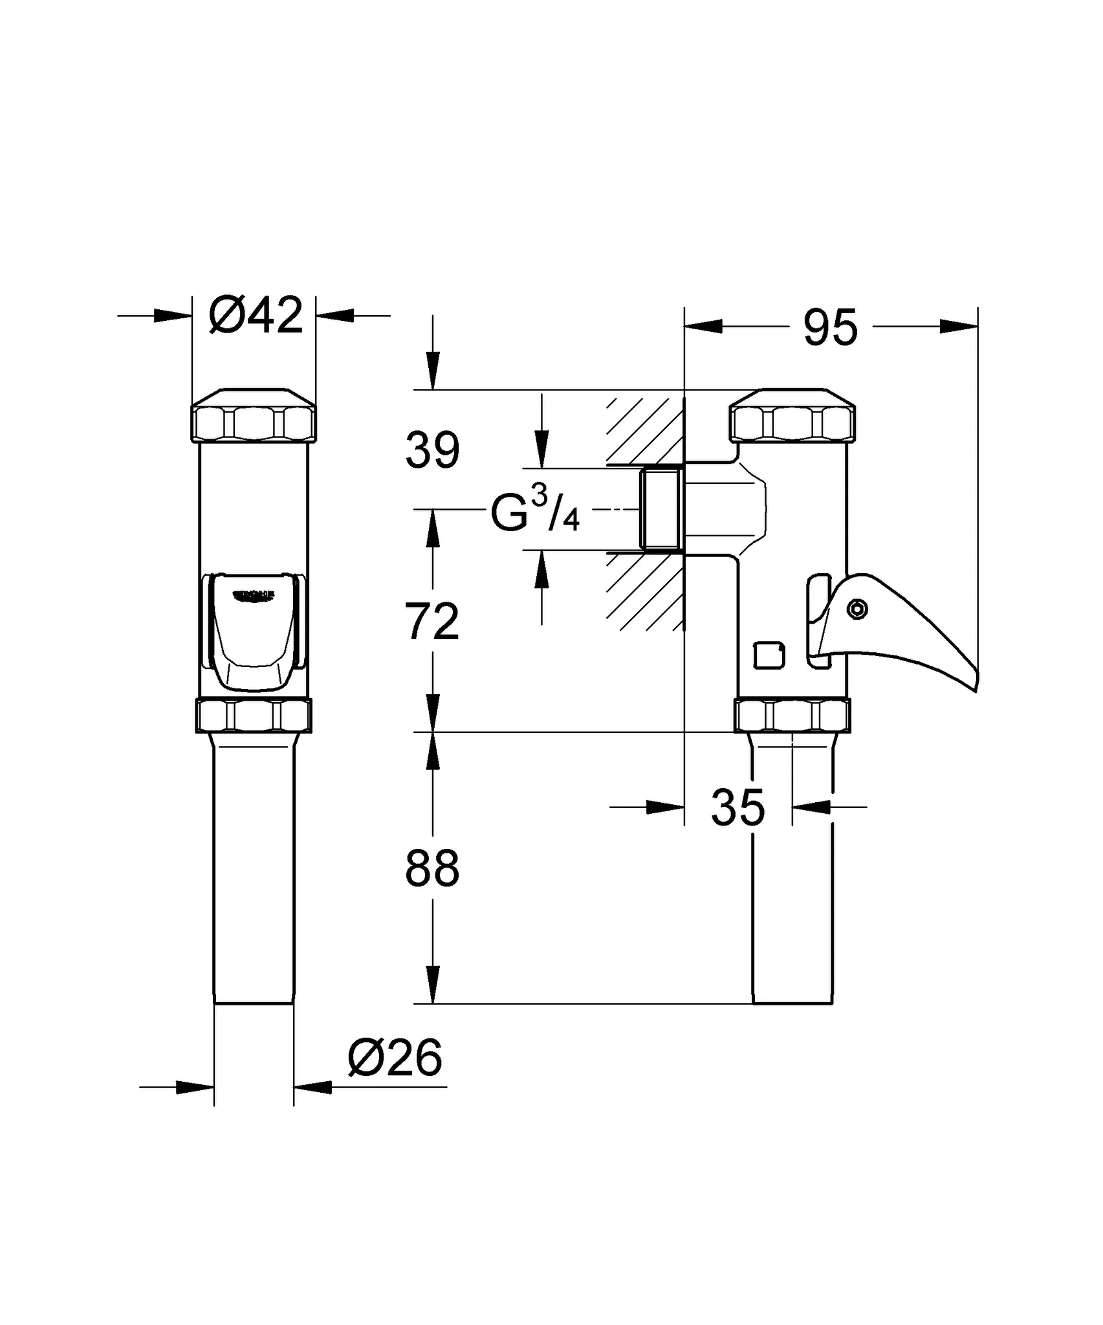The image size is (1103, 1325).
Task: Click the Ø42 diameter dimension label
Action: (x=256, y=316)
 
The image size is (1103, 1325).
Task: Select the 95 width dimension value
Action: (x=830, y=327)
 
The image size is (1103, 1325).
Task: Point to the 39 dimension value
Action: (x=432, y=451)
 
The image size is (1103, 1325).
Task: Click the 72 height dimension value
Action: (x=432, y=622)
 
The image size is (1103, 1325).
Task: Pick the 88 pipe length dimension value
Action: (x=432, y=869)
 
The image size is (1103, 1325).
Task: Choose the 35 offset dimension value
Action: (x=737, y=808)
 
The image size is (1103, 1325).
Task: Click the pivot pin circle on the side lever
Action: (x=857, y=608)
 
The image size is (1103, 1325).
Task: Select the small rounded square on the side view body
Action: (x=770, y=655)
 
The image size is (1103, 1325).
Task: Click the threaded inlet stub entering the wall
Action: (x=661, y=509)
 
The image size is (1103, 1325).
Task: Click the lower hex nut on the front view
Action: (x=254, y=716)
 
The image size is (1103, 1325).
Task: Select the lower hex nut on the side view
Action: (x=792, y=716)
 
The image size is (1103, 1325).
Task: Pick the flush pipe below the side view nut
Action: (x=792, y=906)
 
